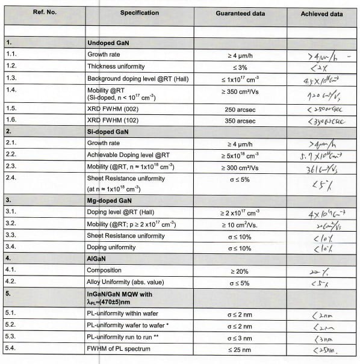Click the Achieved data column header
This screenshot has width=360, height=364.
coord(321,14)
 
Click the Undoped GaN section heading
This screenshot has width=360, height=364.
coord(107,43)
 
